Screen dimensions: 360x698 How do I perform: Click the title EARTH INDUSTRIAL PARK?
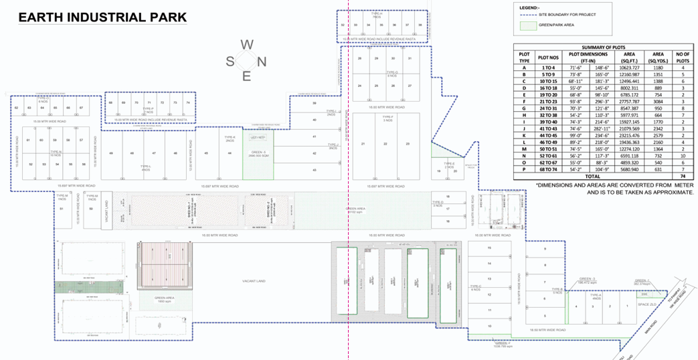click(102, 17)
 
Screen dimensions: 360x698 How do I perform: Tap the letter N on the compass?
click(262, 61)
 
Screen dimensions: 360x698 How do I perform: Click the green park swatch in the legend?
click(527, 26)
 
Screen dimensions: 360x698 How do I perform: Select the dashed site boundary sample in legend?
click(527, 15)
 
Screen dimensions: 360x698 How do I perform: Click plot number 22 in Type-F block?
click(385, 144)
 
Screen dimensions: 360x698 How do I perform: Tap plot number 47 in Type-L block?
click(153, 153)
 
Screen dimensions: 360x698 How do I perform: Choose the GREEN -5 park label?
click(258, 153)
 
